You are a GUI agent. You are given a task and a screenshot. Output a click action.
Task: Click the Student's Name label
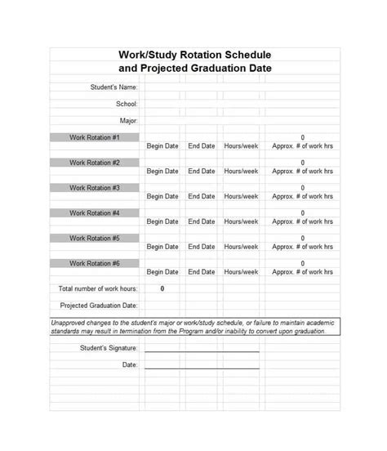(113, 87)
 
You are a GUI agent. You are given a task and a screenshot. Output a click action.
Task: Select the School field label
(127, 104)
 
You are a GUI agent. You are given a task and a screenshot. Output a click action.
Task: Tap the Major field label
(128, 121)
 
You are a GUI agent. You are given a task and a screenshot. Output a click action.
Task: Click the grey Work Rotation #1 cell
(95, 137)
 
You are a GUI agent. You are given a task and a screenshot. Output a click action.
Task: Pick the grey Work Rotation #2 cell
(95, 163)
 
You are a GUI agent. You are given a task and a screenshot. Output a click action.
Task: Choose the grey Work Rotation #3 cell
(95, 188)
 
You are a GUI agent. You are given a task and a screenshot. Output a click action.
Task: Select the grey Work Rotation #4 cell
(95, 213)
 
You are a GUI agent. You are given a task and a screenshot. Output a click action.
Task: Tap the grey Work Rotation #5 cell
(95, 239)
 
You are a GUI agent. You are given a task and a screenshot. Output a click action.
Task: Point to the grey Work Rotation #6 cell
(95, 263)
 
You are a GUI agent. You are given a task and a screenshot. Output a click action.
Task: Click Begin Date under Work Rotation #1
(162, 146)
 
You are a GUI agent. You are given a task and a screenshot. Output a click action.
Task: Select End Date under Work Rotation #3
(202, 196)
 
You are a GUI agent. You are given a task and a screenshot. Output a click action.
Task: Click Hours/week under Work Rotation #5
(241, 247)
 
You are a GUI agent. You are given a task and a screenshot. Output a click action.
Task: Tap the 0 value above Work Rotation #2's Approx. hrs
(303, 163)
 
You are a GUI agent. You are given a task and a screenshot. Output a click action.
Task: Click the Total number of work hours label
(98, 288)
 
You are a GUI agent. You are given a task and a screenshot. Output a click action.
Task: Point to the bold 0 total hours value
(162, 288)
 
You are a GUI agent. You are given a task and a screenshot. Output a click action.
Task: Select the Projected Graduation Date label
(99, 306)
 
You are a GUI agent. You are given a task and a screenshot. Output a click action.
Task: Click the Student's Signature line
(202, 350)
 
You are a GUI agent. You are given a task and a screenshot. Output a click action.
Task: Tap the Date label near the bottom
(130, 364)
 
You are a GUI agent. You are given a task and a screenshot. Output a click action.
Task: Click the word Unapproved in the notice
(71, 323)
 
